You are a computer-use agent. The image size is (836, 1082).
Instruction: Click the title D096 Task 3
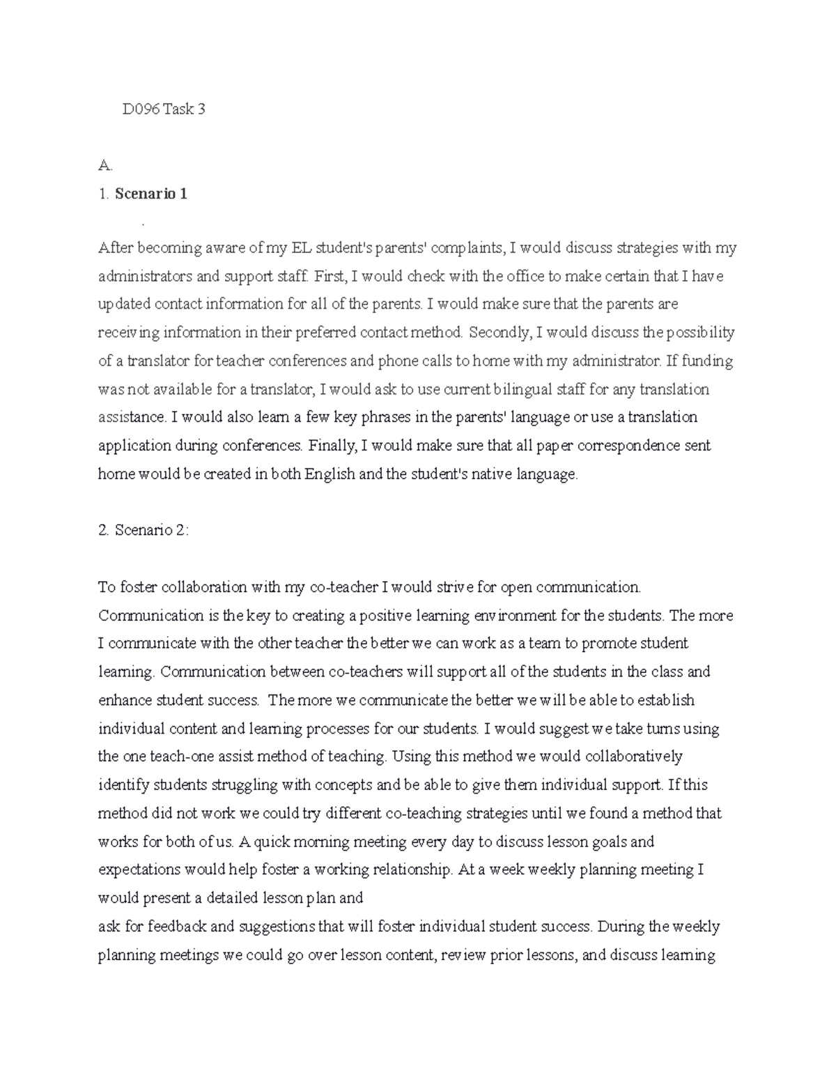point(164,109)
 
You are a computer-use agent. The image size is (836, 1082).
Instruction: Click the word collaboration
point(205,587)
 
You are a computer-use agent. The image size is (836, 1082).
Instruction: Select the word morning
point(313,842)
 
